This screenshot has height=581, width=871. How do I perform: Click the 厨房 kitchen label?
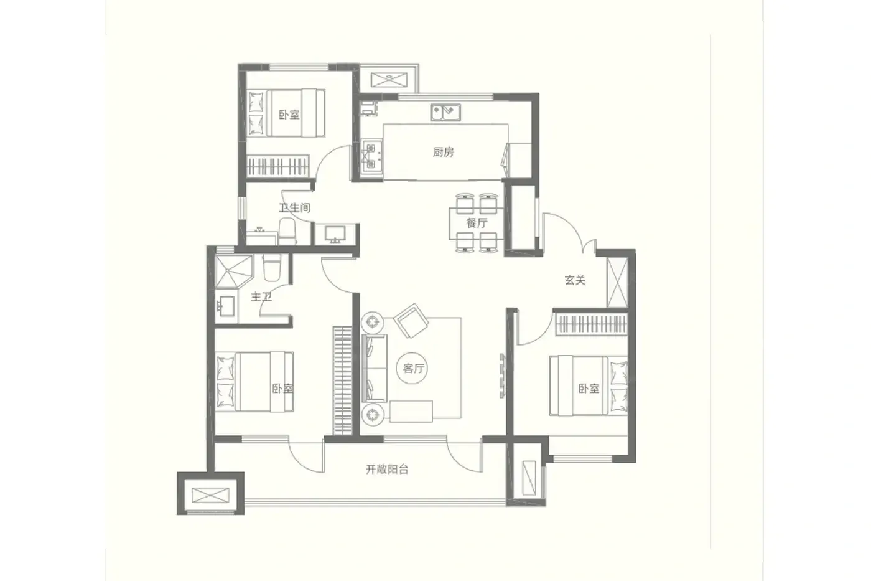pyautogui.click(x=443, y=152)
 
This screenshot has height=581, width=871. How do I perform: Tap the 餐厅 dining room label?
pyautogui.click(x=477, y=223)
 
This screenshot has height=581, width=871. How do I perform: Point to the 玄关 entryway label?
pyautogui.click(x=575, y=280)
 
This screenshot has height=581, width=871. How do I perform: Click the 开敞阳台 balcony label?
pyautogui.click(x=387, y=470)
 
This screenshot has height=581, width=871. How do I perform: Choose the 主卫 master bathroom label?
pyautogui.click(x=261, y=297)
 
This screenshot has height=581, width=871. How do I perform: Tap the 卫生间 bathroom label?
pyautogui.click(x=294, y=207)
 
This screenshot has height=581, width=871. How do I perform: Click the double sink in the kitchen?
pyautogui.click(x=445, y=112)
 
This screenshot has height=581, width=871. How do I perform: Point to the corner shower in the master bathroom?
pyautogui.click(x=234, y=272)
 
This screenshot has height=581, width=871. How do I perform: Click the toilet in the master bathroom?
pyautogui.click(x=272, y=268)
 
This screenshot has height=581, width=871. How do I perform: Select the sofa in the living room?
pyautogui.click(x=374, y=368)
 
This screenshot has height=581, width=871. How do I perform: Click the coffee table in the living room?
pyautogui.click(x=411, y=412)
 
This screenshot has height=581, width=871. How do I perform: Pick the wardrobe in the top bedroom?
pyautogui.click(x=277, y=166)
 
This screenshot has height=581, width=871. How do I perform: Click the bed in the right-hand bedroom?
pyautogui.click(x=589, y=385)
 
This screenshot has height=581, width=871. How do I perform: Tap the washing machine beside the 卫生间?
pyautogui.click(x=335, y=234)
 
